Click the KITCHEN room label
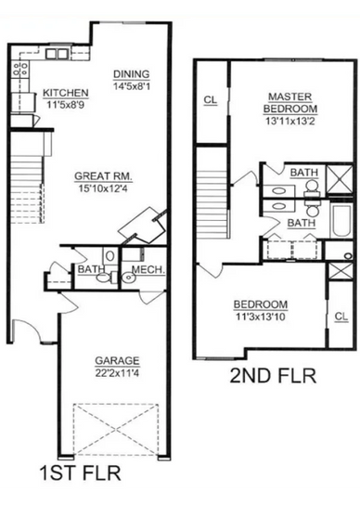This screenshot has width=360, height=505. [66, 93]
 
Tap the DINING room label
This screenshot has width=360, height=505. [132, 74]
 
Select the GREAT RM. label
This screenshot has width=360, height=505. [103, 176]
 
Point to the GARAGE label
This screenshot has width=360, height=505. [117, 361]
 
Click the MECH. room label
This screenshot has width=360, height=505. [148, 269]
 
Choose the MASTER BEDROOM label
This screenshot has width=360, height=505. [290, 102]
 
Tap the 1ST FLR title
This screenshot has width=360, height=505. [80, 473]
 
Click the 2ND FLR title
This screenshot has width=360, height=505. [273, 376]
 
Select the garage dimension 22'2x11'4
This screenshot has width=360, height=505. [117, 373]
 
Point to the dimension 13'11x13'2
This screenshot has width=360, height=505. [290, 121]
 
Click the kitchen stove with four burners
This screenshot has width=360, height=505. [20, 70]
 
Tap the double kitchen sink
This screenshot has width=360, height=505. [57, 54]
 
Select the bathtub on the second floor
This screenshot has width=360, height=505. [341, 221]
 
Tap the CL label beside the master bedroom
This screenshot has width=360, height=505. [211, 100]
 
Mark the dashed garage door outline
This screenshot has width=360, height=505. [116, 429]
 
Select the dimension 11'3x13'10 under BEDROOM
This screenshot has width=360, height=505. [261, 317]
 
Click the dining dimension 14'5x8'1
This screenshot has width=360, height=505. [132, 86]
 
